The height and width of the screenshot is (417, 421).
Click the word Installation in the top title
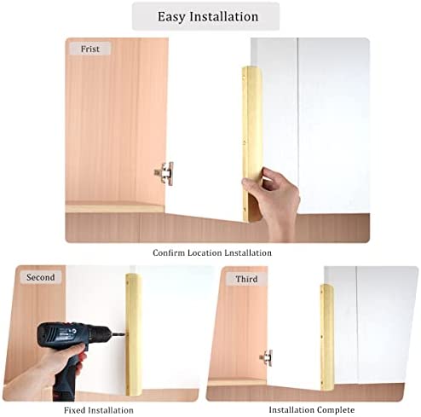click(224, 16)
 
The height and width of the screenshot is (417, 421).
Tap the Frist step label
click(90, 49)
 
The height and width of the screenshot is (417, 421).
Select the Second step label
click(40, 277)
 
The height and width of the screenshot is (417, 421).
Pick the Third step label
click(246, 279)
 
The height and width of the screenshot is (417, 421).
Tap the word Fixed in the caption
click(74, 410)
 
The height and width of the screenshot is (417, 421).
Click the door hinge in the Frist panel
click(164, 173)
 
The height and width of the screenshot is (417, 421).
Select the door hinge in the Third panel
click(266, 357)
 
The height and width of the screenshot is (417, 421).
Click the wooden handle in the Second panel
click(134, 334)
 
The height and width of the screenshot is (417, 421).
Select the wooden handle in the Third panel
click(327, 337)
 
